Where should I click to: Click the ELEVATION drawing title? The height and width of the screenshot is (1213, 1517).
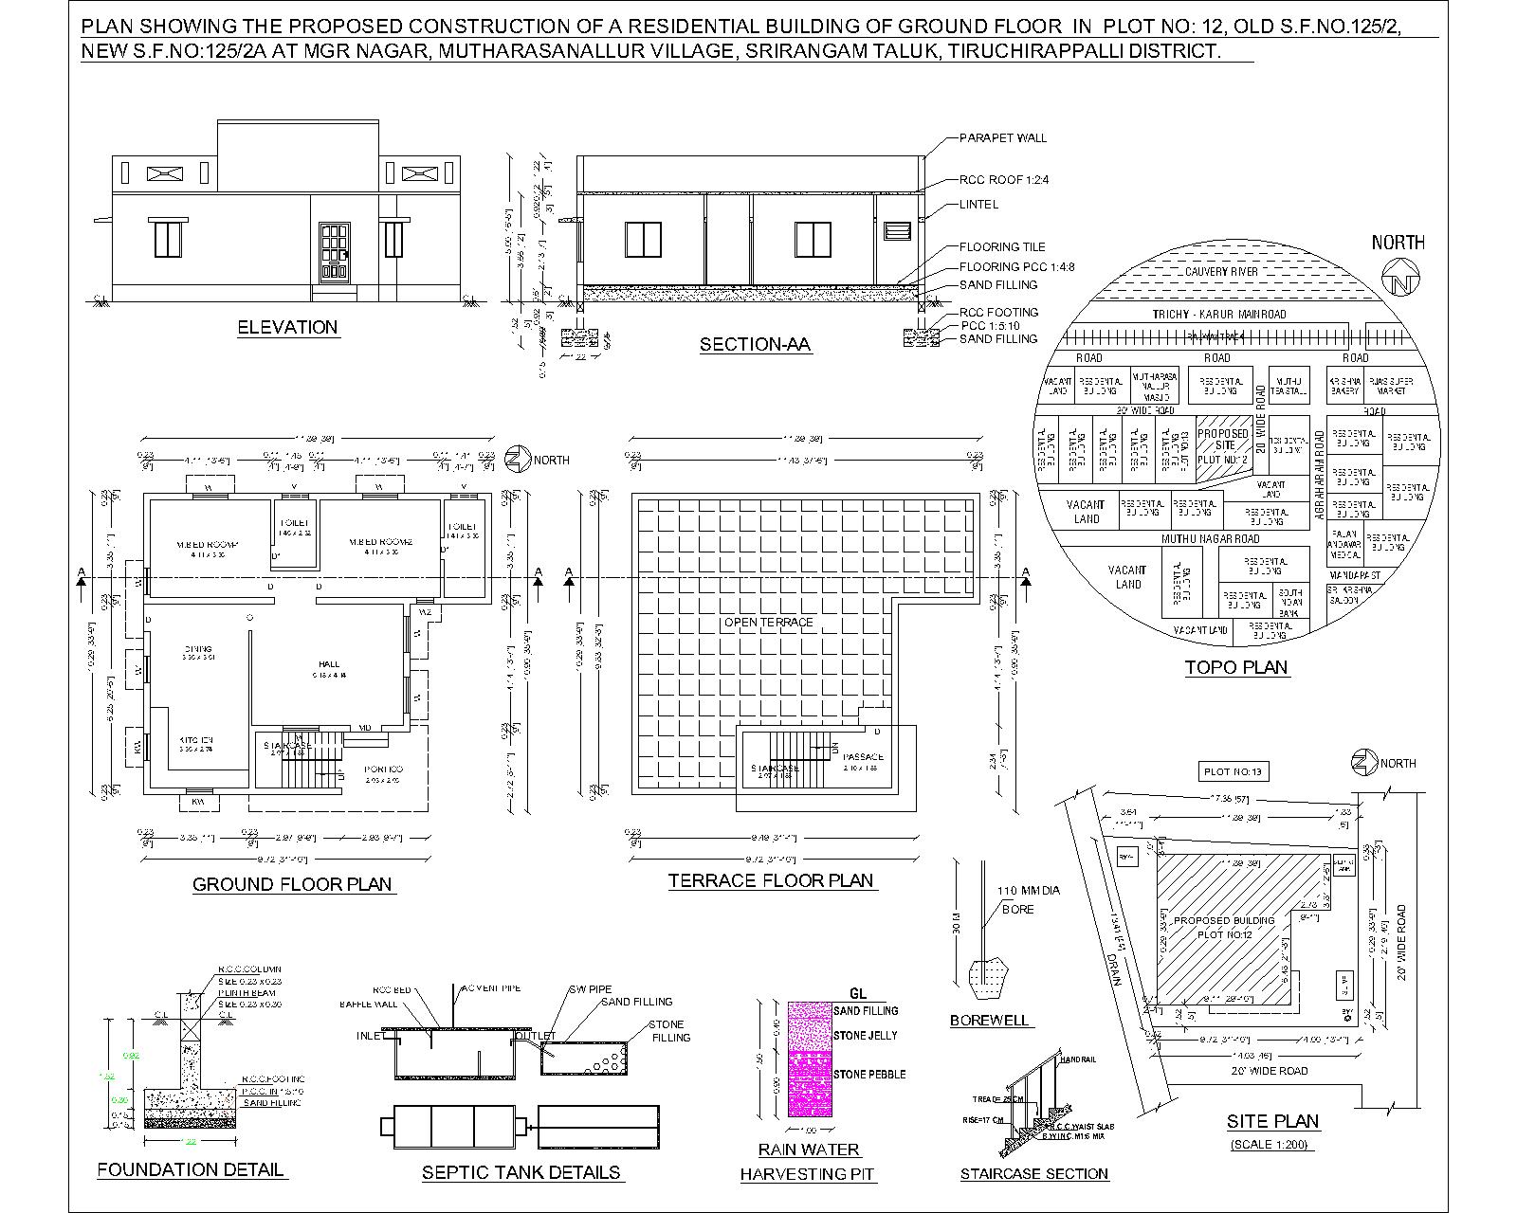tap(287, 327)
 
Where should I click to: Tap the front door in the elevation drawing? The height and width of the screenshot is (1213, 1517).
tap(335, 251)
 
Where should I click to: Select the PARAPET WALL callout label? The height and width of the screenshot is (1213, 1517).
tap(1003, 137)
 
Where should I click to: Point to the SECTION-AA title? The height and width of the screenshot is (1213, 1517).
tap(755, 345)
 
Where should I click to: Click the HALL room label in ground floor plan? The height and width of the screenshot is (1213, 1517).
tap(329, 664)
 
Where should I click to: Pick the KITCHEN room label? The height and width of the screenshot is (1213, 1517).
tap(196, 740)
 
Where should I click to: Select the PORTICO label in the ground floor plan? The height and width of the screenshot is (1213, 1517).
tap(383, 769)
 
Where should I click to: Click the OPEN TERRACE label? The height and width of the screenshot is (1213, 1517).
tap(769, 623)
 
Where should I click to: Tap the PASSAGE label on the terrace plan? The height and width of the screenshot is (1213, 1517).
tap(864, 757)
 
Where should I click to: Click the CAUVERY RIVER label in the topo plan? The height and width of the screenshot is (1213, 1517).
tap(1221, 272)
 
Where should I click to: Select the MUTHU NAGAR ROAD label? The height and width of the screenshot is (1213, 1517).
tap(1211, 538)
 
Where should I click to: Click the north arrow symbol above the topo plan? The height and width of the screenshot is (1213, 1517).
tap(1399, 283)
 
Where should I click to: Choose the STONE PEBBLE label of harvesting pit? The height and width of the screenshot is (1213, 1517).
tap(869, 1074)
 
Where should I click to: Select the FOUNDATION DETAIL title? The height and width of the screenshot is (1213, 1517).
tap(191, 1169)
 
